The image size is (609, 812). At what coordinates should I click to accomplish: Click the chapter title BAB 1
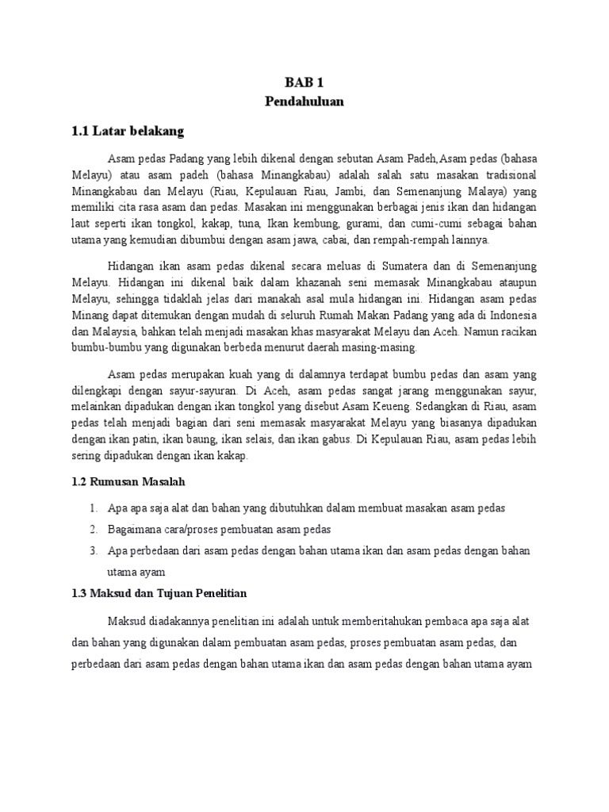coord(304,82)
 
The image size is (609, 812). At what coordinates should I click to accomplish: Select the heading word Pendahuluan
coord(304,101)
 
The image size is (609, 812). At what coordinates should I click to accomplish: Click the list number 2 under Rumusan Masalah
coord(93,529)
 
